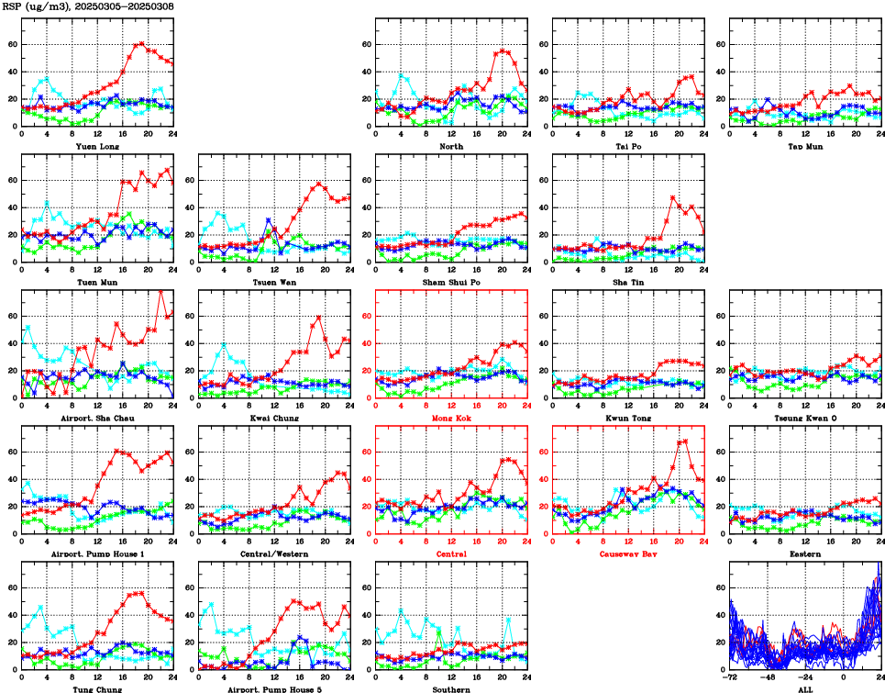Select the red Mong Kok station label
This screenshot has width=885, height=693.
tap(450, 418)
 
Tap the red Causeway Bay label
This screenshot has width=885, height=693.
tap(627, 553)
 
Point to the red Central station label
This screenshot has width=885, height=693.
tap(450, 553)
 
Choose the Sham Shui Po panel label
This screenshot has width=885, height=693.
tap(450, 282)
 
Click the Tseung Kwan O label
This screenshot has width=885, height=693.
tap(804, 418)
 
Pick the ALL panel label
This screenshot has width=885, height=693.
tap(804, 688)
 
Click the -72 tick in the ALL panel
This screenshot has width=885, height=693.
tap(731, 679)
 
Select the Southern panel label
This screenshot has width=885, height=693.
tap(450, 688)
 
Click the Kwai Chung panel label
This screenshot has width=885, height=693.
tap(273, 418)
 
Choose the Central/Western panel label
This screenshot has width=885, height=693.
tap(273, 553)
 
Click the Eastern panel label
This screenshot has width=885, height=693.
tap(804, 553)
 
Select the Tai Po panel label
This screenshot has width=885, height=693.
tap(627, 146)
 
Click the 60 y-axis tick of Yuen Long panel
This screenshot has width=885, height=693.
tap(13, 44)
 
